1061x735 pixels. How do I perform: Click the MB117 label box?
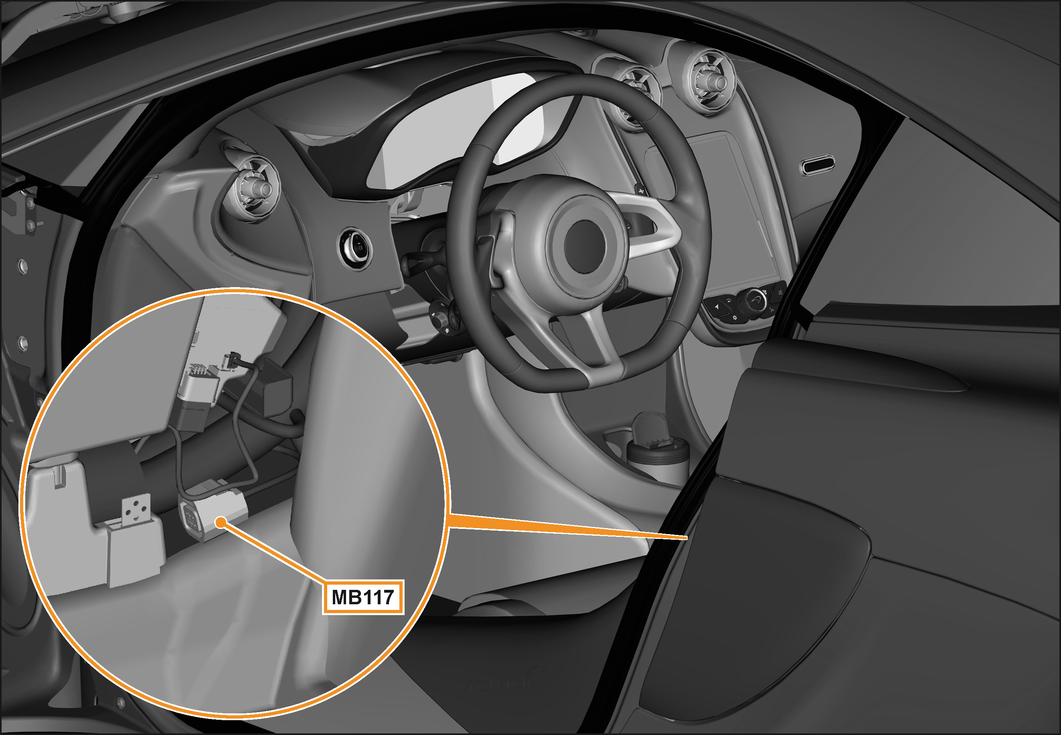363,597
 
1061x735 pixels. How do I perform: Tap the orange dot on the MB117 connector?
221,522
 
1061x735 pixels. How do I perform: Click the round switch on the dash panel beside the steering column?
356,249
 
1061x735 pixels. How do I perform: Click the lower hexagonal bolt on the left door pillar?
22,343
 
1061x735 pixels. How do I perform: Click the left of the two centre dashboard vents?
638,94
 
